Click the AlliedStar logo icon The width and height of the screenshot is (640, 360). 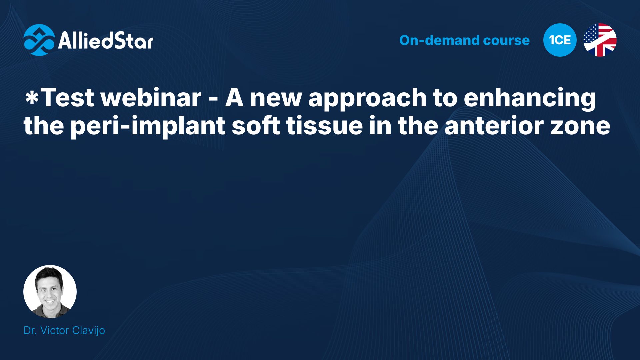point(39,40)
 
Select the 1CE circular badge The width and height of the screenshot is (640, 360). point(560,40)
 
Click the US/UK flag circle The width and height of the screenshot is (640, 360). point(600,40)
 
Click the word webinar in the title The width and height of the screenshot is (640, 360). point(151,98)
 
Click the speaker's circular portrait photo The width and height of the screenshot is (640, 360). point(50,292)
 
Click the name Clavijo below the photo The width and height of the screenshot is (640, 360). point(88,331)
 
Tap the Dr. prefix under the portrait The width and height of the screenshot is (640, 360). point(30,330)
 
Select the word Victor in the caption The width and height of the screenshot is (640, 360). point(54,330)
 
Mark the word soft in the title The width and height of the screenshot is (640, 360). point(256,126)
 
